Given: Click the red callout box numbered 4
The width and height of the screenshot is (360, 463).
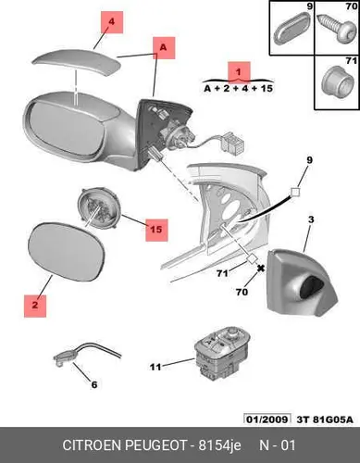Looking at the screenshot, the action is point(112,22).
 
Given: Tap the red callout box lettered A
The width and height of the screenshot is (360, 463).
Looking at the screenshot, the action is point(164,48).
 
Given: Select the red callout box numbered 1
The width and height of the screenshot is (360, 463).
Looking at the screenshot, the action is point(239,72).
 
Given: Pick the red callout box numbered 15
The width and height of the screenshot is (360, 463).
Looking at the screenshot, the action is point(156,230).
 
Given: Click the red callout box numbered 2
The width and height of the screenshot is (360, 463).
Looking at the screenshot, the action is point(35,306).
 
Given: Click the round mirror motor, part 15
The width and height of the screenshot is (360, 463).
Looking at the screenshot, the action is point(98,207).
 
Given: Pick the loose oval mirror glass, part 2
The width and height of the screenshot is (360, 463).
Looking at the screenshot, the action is point(67,252).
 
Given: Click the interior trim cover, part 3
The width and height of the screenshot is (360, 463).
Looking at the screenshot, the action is point(302,282).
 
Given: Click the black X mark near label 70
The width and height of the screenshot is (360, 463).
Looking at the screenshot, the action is point(261,269).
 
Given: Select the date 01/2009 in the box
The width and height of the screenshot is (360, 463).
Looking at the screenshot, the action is point(267,419).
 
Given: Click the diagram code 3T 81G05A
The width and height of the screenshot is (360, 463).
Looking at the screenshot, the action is point(325,419).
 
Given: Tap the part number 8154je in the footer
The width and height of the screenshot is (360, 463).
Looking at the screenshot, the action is point(220,445).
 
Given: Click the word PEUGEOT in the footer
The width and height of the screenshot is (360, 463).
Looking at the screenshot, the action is point(155,445).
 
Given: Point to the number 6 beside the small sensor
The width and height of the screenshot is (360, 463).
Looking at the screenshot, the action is point(94,384).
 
